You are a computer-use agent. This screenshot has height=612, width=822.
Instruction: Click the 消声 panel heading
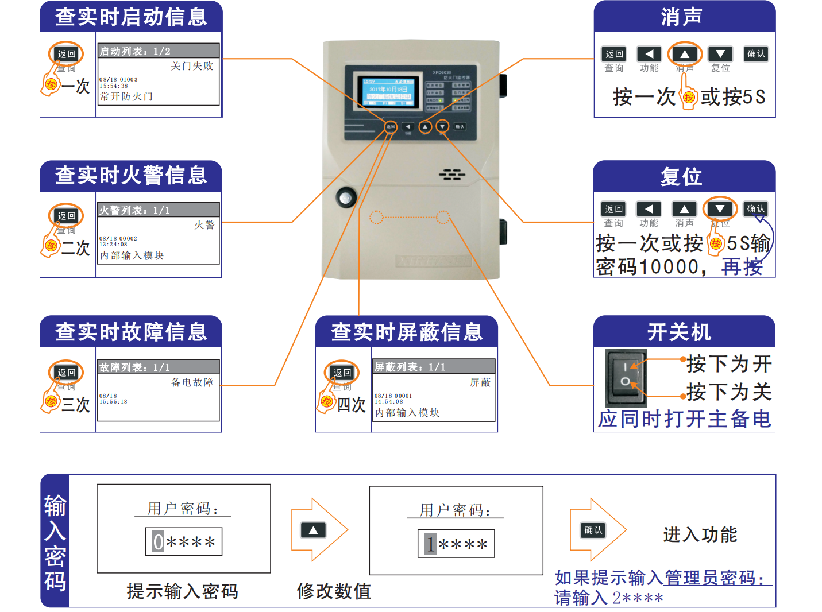681,17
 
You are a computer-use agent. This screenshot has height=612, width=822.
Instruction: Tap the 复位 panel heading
681,176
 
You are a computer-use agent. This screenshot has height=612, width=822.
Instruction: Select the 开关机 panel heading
680,332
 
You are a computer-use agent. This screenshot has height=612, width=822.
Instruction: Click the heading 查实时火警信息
131,175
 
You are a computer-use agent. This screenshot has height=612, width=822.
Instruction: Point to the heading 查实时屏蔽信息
407,332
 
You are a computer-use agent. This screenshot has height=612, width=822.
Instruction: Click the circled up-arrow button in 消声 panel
685,54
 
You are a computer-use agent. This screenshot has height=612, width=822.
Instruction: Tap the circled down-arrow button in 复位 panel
720,209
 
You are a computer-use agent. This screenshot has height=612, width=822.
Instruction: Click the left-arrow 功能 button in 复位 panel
649,209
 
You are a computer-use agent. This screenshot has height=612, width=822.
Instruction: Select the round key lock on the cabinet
346,198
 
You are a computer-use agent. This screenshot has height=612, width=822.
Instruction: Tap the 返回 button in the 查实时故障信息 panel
67,373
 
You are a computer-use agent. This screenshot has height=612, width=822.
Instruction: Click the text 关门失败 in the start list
192,66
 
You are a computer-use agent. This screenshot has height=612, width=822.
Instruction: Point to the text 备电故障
192,382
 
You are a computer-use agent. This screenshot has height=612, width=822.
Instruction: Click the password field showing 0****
184,542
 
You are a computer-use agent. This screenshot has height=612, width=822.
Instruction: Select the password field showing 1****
456,544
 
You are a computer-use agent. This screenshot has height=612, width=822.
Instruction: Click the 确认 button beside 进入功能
593,530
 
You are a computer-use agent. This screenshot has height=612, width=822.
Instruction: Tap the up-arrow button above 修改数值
313,530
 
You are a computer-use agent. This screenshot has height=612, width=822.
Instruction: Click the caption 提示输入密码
182,591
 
